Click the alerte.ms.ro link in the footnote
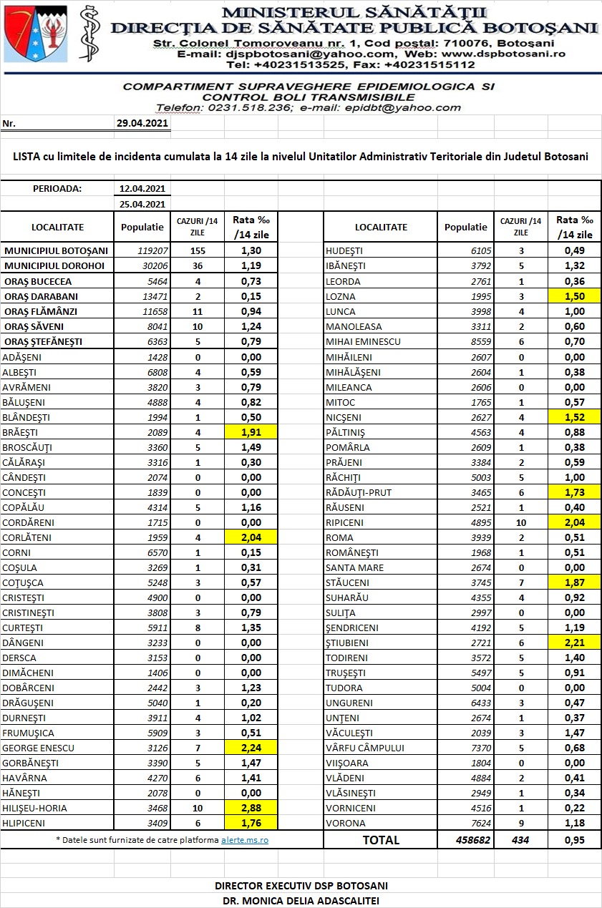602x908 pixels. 244,839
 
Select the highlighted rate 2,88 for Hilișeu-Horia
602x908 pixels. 251,808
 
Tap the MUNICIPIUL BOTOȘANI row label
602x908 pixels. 56,251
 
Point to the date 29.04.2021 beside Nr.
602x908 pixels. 142,123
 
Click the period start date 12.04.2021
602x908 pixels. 142,189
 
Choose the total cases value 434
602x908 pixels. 520,840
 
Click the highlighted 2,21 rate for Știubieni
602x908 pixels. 574,643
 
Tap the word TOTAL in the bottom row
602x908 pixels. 381,840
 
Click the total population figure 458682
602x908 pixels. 472,840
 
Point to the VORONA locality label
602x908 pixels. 346,823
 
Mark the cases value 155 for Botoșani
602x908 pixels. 198,251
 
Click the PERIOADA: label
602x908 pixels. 57,189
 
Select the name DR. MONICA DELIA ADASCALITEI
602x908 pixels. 301,900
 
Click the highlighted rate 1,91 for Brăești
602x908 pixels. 251,432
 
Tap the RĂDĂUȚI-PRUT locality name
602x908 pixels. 359,492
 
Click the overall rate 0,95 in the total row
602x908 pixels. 574,840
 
